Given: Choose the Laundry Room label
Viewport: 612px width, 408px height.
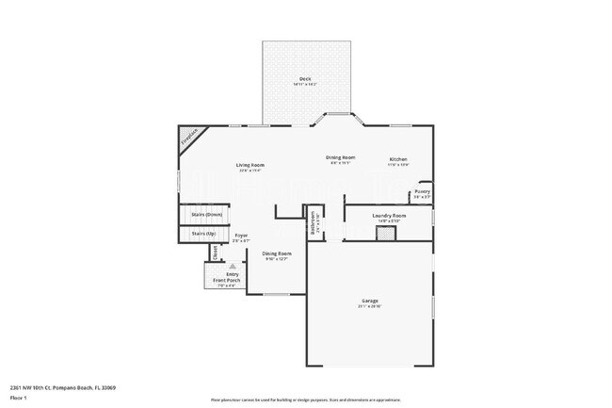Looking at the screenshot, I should point(388,216).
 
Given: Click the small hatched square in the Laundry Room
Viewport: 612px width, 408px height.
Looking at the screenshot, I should point(384,233).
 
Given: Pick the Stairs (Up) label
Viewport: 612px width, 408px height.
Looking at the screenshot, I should point(204,233).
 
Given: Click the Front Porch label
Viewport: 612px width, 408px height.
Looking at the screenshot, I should point(226,281).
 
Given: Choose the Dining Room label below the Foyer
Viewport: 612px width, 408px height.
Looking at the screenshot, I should point(277,253).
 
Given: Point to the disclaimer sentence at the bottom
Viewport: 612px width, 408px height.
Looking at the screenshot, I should point(305,400).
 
